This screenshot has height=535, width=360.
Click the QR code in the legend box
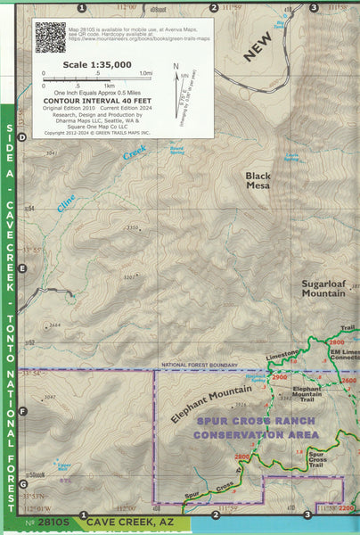click(x=50, y=37)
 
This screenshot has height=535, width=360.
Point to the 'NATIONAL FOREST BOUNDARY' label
click(x=198, y=366)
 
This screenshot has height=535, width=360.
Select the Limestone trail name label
click(x=283, y=356)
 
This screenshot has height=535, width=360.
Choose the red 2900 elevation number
click(x=281, y=378)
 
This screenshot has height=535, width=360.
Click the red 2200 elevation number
click(x=348, y=507)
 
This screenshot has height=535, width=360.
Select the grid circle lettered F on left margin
click(x=23, y=411)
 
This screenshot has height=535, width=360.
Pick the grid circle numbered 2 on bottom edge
click(x=215, y=514)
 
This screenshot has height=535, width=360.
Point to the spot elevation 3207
click(x=129, y=277)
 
